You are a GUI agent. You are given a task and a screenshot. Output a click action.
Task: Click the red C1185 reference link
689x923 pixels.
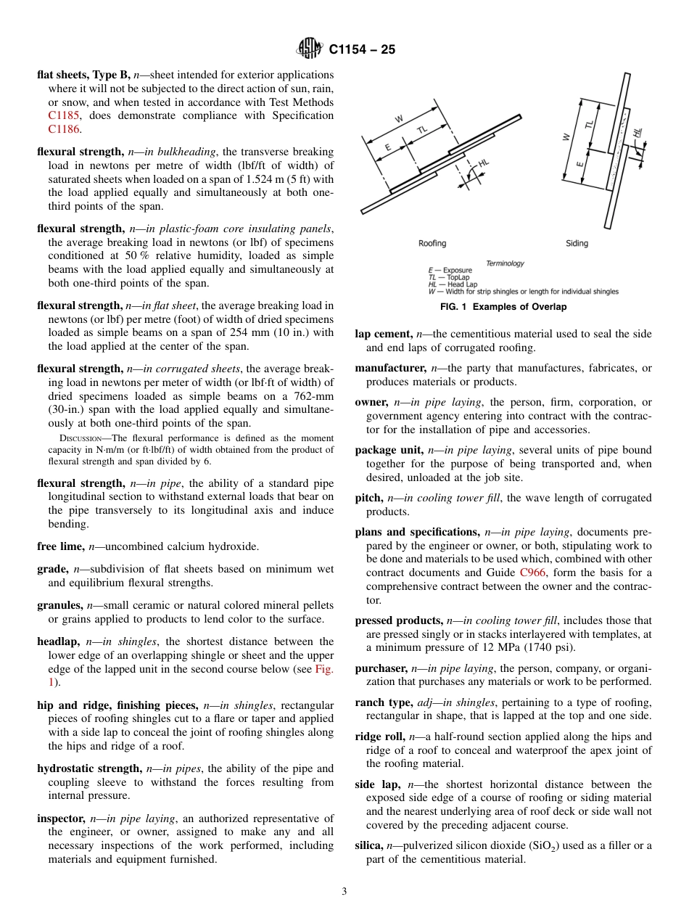pos(64,115)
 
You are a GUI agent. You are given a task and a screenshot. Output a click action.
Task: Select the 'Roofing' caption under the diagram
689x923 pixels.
pos(432,243)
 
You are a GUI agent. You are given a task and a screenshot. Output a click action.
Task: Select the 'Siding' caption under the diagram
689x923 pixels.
pos(577,243)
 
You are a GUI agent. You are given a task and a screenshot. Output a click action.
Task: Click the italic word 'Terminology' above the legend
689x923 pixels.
pos(505,263)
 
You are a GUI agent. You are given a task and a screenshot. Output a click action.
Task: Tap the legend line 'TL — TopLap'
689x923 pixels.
pos(450,278)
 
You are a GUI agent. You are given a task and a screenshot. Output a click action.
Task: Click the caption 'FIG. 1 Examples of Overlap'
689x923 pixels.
pos(503,307)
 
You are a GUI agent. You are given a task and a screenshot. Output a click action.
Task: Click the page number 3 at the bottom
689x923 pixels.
pos(344,891)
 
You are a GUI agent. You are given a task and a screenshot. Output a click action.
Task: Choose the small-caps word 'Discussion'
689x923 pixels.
pos(77,438)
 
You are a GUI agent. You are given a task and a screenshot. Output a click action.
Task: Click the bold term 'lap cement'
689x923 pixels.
pos(382,333)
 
